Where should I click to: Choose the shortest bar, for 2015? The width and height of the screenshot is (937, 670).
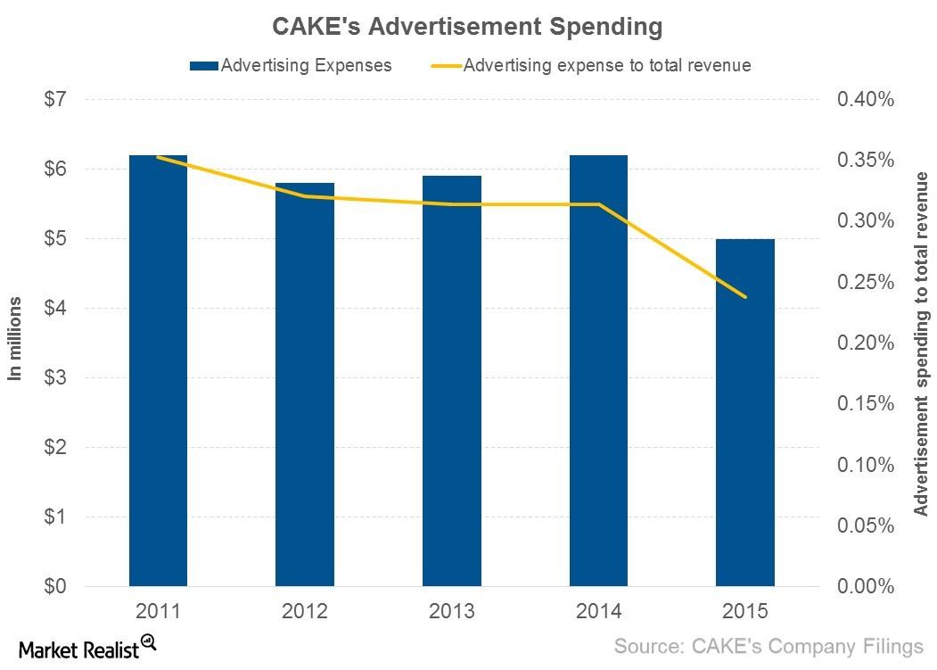(744, 413)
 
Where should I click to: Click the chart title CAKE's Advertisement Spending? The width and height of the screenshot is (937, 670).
(467, 27)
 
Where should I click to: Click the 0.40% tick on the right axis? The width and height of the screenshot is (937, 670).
(865, 99)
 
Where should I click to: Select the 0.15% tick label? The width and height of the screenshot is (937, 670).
(865, 404)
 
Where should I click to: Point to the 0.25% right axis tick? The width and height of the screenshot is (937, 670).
(865, 282)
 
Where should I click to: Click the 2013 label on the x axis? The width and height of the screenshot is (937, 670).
(451, 613)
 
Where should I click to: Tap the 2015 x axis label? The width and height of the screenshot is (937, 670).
(744, 613)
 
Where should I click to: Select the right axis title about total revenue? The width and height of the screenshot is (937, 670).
(921, 343)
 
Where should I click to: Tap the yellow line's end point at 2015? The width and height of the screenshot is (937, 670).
(744, 297)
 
